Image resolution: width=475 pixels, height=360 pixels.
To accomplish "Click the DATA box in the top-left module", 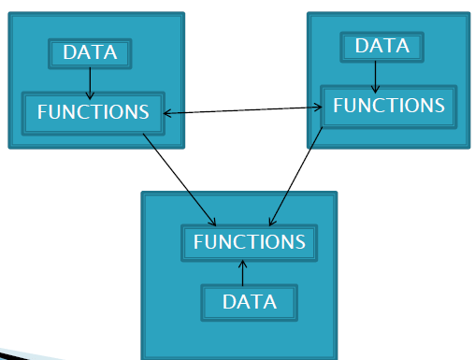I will [x=90, y=53].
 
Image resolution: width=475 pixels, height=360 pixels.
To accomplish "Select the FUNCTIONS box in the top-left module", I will [x=93, y=112].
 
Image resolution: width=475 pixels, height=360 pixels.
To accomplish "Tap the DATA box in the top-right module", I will [x=381, y=47].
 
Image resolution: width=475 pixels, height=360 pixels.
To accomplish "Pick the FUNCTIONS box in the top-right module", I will [x=389, y=106].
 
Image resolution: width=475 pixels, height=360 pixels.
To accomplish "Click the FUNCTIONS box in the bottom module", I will [x=249, y=243].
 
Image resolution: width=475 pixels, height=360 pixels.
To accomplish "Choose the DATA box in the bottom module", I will [x=249, y=302].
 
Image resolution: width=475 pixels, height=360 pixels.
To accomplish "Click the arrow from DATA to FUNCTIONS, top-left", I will [x=90, y=82].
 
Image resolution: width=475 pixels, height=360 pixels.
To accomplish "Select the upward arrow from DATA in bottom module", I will [x=243, y=273].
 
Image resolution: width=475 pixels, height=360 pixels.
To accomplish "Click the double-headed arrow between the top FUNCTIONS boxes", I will [x=243, y=110].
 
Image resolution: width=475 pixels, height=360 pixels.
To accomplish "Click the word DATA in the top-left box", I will [x=90, y=53].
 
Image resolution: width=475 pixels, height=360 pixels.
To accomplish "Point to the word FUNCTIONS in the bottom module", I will [x=249, y=243].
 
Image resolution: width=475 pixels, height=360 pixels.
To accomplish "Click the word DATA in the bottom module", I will [x=249, y=302].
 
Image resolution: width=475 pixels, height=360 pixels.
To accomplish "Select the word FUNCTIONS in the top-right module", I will [x=389, y=106].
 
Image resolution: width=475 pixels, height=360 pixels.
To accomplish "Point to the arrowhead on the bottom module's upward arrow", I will [x=243, y=264].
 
